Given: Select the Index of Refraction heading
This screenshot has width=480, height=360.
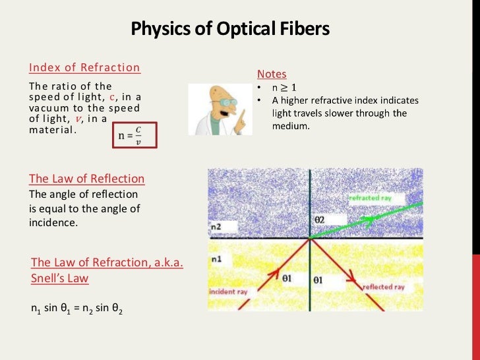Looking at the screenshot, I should [x=84, y=67].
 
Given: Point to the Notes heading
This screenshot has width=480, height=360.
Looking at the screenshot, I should [x=272, y=74].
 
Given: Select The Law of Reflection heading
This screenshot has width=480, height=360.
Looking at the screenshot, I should [x=86, y=179].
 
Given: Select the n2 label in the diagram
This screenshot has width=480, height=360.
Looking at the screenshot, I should [x=216, y=227].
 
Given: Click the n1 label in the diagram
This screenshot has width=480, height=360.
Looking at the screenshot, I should [x=216, y=259].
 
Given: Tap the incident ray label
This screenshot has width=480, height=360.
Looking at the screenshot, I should [x=228, y=291].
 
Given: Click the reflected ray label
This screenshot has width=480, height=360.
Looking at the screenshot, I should [x=384, y=287].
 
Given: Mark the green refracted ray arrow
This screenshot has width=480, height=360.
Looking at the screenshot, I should [x=369, y=212].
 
